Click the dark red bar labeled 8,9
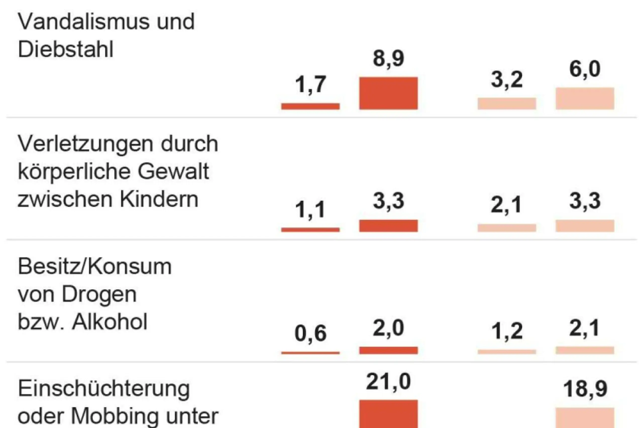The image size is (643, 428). pos(388,93)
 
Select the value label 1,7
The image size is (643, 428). pos(310,84)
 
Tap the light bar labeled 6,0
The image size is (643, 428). pos(585,99)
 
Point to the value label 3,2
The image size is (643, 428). pos(507,80)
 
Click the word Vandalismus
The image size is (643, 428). pos(83,22)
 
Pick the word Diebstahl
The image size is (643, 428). pos(66,50)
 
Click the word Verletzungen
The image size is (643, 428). pos(85,144)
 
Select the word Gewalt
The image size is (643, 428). pos(173,172)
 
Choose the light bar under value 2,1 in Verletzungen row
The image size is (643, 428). pos(507,228)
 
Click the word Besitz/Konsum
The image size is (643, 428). pos(95,267)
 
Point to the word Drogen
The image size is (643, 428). pos(99,295)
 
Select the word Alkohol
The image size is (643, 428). pos(109,322)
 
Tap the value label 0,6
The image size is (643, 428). pos(310,333)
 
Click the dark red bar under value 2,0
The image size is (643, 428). pos(388,350)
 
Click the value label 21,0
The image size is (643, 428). pos(388,382)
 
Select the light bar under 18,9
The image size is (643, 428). pos(585,418)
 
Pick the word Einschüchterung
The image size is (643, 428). pos(104,389)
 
